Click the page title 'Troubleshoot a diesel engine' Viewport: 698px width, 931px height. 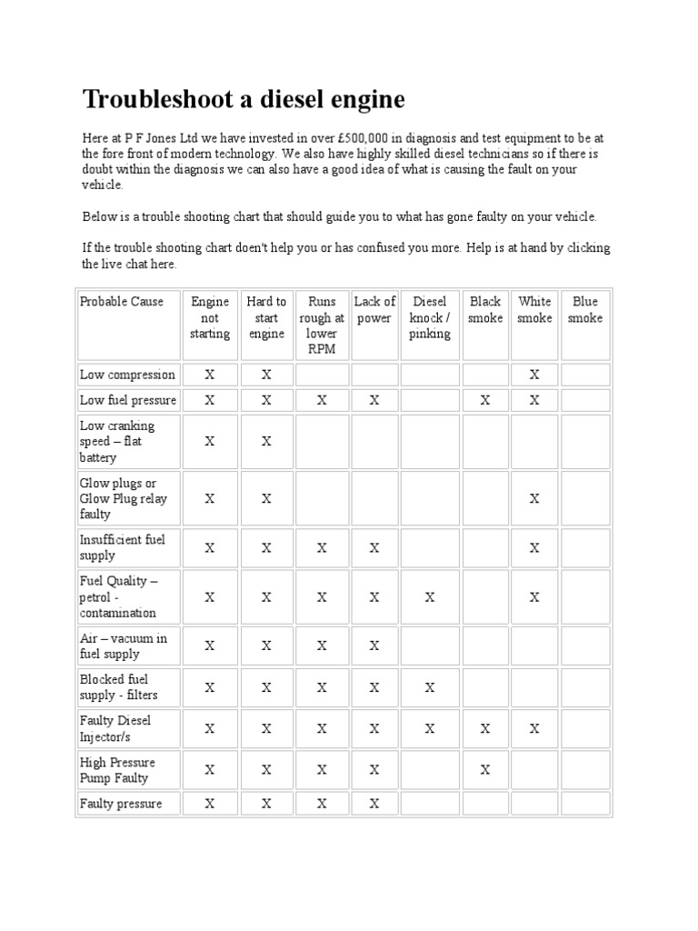tap(244, 99)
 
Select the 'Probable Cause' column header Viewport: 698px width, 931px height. tap(122, 301)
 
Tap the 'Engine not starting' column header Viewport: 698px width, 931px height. tap(210, 317)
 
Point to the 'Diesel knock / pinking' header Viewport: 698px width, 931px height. tap(430, 317)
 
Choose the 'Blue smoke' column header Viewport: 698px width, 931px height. tap(585, 309)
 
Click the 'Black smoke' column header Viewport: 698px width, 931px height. tap(485, 309)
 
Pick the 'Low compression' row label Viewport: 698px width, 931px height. tap(127, 374)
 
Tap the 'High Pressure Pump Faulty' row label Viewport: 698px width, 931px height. tap(117, 770)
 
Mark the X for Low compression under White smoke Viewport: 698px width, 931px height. tap(534, 374)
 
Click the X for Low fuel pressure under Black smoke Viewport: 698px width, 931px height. tap(485, 400)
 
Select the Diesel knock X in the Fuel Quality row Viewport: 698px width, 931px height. tap(430, 597)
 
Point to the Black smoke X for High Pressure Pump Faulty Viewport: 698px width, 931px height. tap(485, 770)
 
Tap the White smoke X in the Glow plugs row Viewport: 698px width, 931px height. tap(534, 498)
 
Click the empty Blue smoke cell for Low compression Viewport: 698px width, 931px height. tap(585, 374)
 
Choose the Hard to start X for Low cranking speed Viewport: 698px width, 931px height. tap(266, 441)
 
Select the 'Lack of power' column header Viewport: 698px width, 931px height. tap(374, 309)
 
